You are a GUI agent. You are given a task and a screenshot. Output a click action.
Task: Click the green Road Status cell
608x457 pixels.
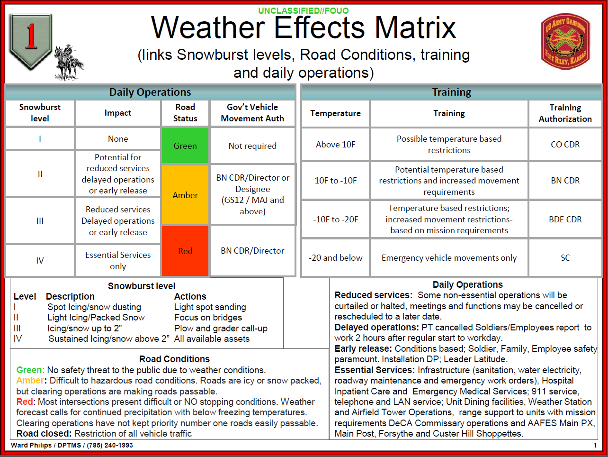pos(185,146)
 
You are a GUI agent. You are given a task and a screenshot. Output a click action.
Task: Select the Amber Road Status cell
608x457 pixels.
pos(185,195)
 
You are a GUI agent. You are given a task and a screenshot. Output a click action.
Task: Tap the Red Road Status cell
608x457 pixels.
pos(185,251)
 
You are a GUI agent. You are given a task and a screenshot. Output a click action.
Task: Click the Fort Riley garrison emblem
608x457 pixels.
pos(565,41)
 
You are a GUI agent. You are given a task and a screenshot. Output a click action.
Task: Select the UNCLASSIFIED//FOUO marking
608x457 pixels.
pos(304,10)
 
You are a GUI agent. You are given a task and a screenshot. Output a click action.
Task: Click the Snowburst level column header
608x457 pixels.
pos(40,113)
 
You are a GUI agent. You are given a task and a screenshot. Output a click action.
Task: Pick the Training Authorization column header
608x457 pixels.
pos(565,113)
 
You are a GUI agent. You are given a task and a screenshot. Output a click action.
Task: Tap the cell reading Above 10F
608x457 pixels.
pos(335,145)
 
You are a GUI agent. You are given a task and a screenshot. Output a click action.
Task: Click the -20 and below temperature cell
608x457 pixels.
pos(335,258)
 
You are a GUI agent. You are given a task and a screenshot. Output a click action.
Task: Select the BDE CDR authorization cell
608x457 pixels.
pos(565,219)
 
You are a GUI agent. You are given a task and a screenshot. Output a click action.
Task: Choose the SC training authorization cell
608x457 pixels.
pos(565,258)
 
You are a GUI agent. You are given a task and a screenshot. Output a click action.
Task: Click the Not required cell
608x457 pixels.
pos(252,146)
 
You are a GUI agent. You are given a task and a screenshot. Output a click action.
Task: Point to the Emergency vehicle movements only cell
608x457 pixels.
pos(449,258)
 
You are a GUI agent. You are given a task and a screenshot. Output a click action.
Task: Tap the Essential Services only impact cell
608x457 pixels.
pos(118,260)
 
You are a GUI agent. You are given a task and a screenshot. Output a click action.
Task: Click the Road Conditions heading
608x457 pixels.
pos(174,359)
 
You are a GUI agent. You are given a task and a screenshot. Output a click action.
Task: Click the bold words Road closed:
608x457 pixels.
pos(44,433)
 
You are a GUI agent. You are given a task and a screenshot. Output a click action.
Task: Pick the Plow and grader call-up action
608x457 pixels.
pos(221,328)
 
